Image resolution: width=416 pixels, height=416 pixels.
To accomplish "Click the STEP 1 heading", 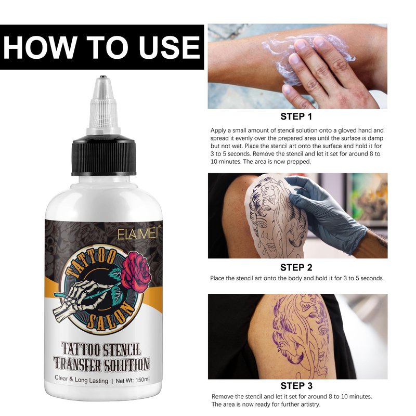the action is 296,116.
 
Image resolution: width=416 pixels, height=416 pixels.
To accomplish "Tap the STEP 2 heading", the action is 296,267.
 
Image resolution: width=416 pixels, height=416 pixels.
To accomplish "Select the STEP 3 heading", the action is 296,385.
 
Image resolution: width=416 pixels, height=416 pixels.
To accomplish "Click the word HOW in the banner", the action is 40,48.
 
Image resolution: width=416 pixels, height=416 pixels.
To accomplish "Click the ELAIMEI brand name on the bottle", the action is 138,234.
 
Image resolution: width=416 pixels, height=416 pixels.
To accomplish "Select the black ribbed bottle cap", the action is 103,155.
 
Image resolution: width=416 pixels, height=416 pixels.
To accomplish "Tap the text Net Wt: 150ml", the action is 133,380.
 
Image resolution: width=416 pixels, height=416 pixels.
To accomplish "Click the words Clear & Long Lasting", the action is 81,379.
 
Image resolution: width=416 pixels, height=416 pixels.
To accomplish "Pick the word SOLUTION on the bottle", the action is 126,365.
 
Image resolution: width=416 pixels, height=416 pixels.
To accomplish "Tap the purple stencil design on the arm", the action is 301,335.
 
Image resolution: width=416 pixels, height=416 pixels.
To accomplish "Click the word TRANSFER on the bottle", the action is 77,364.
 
